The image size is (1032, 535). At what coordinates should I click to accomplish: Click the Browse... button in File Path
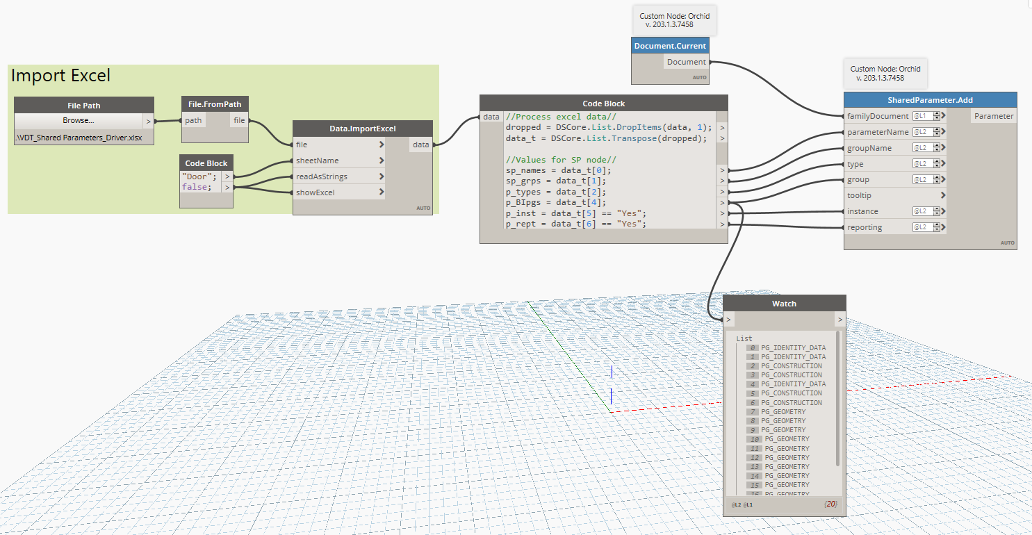[x=78, y=121]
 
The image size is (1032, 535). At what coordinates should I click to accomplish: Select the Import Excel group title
[x=61, y=76]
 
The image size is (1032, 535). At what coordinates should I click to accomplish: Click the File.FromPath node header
[x=215, y=104]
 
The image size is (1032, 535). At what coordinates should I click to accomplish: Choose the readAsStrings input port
[x=321, y=176]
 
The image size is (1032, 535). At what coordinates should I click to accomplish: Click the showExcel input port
[x=316, y=192]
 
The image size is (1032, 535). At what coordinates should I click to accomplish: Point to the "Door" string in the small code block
[x=199, y=176]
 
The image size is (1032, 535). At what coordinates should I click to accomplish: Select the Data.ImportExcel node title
[x=362, y=129]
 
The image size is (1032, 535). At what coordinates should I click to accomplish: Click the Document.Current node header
[x=670, y=46]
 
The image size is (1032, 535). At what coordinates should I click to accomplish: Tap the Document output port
[x=686, y=62]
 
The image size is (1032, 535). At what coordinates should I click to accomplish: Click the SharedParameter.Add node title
[x=930, y=100]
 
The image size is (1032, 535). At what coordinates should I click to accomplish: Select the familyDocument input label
[x=878, y=116]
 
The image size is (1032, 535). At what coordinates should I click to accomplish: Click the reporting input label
[x=865, y=227]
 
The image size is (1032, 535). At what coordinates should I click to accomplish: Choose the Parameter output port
[x=994, y=116]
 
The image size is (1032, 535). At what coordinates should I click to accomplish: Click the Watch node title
[x=784, y=303]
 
